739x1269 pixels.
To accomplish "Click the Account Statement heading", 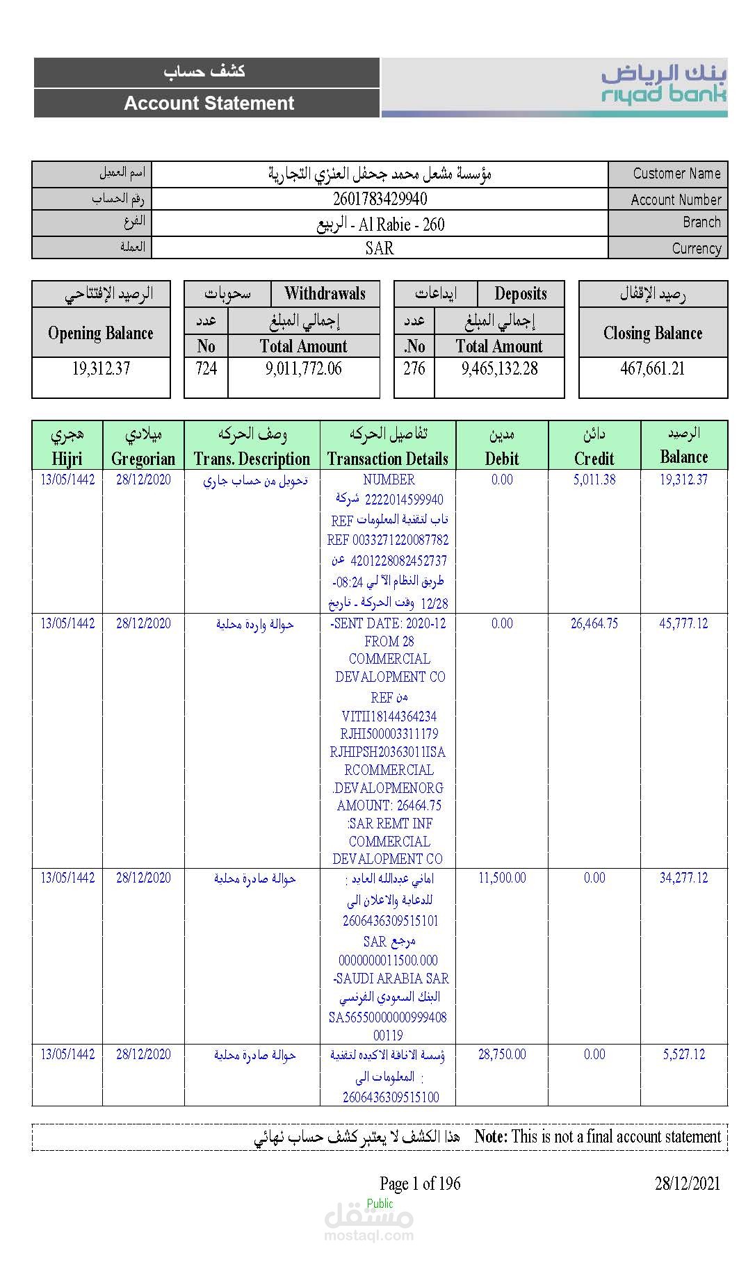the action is click(x=209, y=104).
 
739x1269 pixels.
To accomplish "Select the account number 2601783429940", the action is click(x=380, y=199).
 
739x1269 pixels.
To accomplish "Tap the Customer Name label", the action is click(x=676, y=174).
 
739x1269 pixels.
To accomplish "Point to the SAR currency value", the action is click(x=380, y=248).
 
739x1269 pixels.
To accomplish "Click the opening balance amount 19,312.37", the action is click(x=101, y=369).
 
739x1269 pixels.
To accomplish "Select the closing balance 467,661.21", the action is click(x=652, y=369).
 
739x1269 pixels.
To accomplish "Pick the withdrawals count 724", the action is click(x=206, y=369).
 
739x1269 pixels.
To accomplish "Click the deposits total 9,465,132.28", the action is click(x=499, y=369).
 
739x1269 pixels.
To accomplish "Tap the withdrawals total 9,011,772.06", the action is click(x=303, y=369).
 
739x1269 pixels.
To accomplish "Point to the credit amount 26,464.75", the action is click(x=594, y=623).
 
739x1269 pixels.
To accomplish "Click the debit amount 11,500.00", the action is click(x=502, y=878).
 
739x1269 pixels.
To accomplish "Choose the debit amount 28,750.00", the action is click(x=502, y=1054).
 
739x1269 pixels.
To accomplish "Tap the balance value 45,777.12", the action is click(x=683, y=623).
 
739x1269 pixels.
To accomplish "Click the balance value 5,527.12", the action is click(x=683, y=1054).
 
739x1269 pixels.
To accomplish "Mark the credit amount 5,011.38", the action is click(x=594, y=480).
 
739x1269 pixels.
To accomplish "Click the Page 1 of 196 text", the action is click(x=420, y=1184).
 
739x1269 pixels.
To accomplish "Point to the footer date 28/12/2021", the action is click(x=687, y=1184).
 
